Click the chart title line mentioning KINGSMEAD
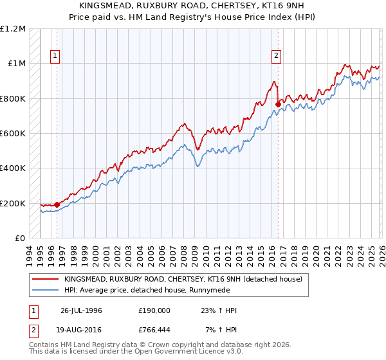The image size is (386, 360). point(193,5)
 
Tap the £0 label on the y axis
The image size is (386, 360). point(20,239)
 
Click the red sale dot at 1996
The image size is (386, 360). point(57,205)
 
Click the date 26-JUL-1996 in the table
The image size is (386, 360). point(81,310)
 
